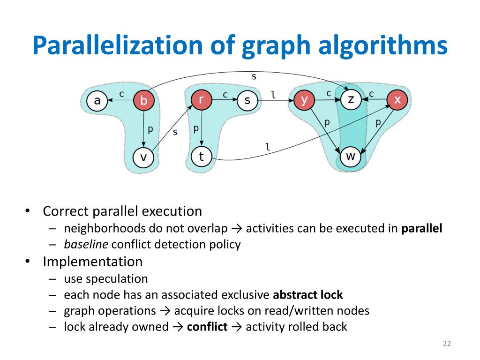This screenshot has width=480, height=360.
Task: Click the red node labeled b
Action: pos(144,100)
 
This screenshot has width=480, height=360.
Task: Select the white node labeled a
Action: pos(97,100)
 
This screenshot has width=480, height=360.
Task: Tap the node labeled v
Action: pos(144,157)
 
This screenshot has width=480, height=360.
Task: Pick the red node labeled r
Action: pos(201,100)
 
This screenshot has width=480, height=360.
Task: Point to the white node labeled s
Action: pos(247,100)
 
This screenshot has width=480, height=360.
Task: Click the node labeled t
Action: pos(201,156)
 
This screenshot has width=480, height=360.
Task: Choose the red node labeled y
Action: pos(304,100)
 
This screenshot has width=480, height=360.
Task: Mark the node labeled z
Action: pos(351,100)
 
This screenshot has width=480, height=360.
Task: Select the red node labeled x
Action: pos(397,100)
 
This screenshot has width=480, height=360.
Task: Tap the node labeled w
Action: pos(351,156)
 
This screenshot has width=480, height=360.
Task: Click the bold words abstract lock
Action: pos(307,295)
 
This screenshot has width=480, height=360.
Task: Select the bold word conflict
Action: pos(207,326)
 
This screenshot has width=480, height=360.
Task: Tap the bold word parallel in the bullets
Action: pos(422,229)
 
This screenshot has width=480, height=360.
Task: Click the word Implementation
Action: pos(92,261)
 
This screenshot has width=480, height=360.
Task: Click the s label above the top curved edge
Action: pos(254,76)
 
